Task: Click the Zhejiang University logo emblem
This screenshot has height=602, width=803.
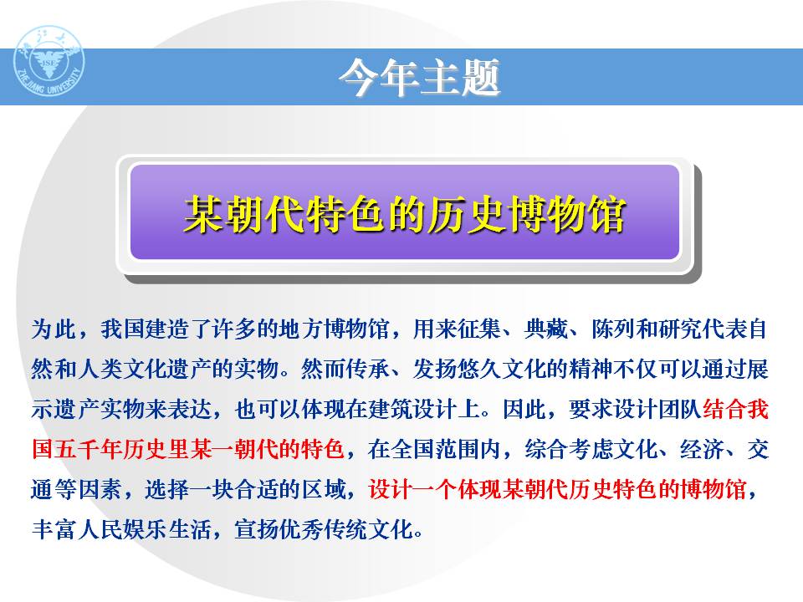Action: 49,61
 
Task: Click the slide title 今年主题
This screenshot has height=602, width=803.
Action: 419,77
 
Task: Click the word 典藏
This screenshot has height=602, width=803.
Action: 547,329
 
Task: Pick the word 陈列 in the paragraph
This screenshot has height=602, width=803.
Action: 614,329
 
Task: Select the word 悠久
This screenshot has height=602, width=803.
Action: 480,369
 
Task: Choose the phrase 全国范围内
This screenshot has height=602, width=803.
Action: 447,449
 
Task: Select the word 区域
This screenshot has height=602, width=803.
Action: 325,489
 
